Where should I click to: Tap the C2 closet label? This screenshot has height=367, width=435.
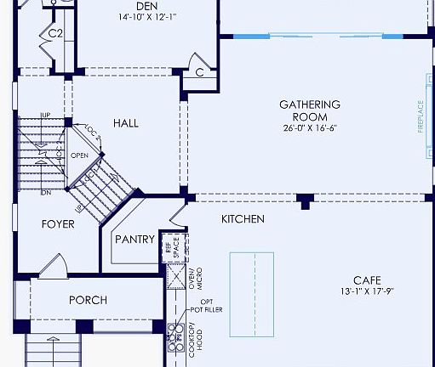coord(55,33)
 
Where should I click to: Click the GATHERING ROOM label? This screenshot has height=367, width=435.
coord(310,110)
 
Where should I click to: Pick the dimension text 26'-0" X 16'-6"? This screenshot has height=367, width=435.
coord(310,129)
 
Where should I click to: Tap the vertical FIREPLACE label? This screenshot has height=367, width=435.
coord(420,116)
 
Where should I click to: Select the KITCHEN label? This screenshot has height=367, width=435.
coord(243,219)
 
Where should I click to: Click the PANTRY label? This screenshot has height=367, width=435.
coord(134,240)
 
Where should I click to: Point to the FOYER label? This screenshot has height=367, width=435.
coord(58,224)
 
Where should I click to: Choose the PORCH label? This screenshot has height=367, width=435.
coord(88,300)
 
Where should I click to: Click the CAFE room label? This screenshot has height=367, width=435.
coord(368,280)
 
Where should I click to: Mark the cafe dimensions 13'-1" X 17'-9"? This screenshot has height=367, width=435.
coord(368,292)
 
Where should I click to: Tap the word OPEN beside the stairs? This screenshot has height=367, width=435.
coord(79,155)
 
